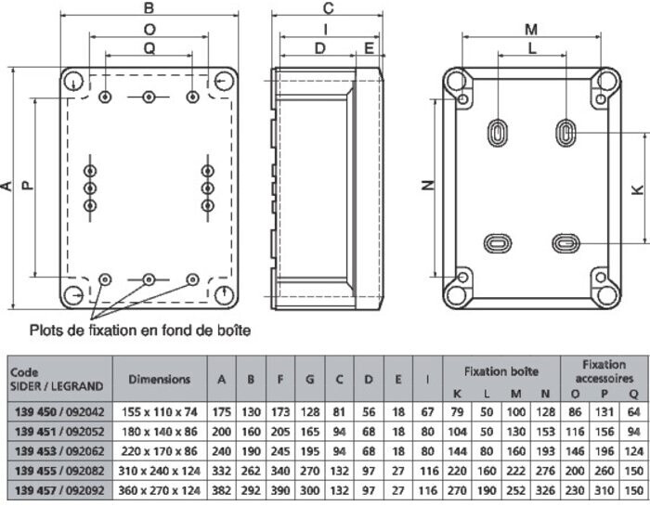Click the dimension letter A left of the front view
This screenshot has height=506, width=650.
pos(7,187)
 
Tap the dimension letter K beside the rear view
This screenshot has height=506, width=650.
pos(637,189)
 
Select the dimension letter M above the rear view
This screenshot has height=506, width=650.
pos(531,30)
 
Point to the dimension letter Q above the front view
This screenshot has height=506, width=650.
pos(149,49)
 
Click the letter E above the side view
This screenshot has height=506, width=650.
pos(369,48)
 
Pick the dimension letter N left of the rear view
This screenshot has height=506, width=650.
pos(428,186)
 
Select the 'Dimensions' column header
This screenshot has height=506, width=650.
pos(160,379)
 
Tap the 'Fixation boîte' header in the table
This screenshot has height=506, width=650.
pos(501,371)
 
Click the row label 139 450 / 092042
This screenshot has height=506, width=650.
pos(59,412)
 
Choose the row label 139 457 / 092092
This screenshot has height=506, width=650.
pos(59,490)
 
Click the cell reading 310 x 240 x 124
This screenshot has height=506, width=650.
pos(160,471)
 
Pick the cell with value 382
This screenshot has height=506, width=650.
pos(221,490)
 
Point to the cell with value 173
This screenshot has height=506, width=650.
pos(280,412)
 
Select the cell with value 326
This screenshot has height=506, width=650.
pos(545,490)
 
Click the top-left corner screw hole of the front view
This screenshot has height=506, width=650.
pos(73,81)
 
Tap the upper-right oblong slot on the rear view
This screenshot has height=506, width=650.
pos(565,133)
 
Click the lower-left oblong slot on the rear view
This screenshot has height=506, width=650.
pos(498,243)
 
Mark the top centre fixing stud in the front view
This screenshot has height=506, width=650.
pos(149,97)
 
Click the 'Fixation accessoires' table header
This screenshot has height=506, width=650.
pos(604,371)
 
